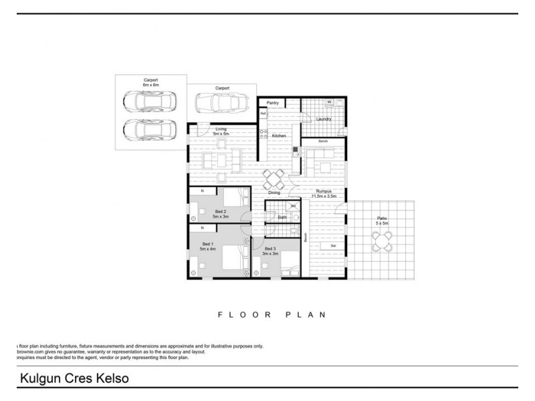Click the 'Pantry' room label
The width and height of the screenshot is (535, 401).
click(273, 103)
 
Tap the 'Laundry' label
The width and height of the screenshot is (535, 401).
click(324, 120)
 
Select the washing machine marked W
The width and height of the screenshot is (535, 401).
click(330, 102)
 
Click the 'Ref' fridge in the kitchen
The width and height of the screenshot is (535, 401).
click(263, 114)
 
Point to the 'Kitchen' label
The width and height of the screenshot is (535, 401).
click(279, 136)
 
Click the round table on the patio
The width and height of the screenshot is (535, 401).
click(383, 239)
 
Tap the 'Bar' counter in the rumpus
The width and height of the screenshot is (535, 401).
click(332, 246)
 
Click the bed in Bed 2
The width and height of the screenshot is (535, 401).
click(233, 198)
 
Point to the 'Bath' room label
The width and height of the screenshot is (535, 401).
click(282, 217)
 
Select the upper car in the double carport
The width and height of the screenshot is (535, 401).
click(150, 102)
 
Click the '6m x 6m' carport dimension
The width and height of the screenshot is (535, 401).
click(150, 86)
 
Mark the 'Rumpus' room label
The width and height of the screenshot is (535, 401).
click(324, 191)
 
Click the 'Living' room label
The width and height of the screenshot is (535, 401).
click(221, 129)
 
